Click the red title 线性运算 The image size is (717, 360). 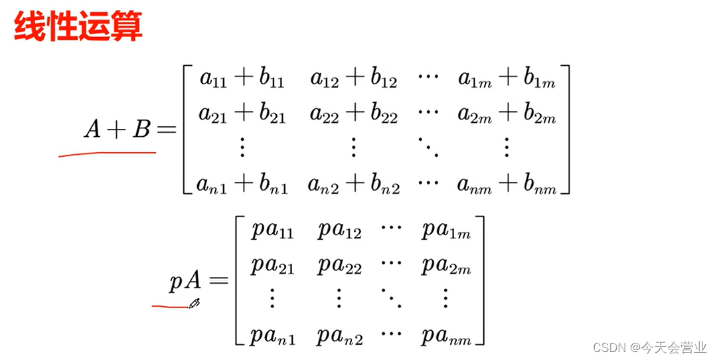(78, 28)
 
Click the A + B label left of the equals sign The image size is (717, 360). (118, 130)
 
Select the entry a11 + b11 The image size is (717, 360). (242, 80)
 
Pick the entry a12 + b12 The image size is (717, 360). (354, 80)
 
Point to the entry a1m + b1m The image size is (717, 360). (507, 80)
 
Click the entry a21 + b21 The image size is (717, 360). (242, 116)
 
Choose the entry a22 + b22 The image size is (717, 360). (354, 116)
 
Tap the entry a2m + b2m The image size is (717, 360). (507, 116)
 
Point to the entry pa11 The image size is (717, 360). (273, 232)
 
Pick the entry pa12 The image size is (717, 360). (339, 232)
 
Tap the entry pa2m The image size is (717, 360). (445, 266)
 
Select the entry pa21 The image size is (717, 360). (273, 266)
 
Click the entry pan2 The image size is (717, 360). (339, 336)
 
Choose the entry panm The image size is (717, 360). (445, 336)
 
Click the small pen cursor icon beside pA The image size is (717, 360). (195, 304)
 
